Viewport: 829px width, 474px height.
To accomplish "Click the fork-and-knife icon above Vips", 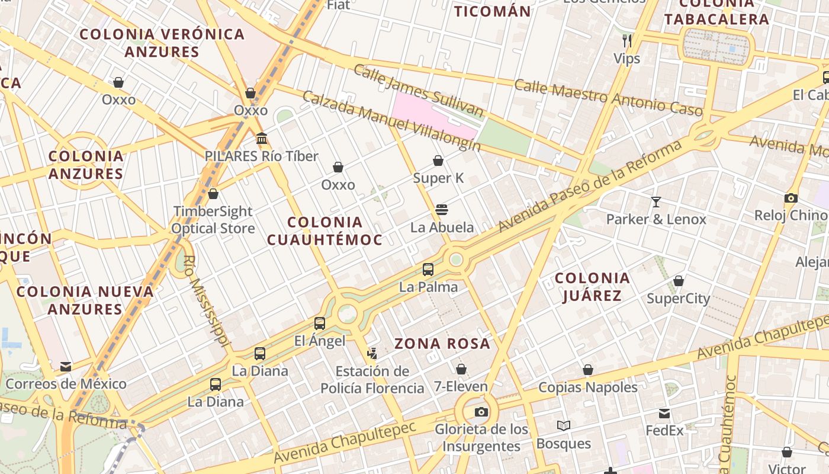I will click(x=627, y=40).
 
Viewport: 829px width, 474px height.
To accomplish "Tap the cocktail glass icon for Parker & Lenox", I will click(x=656, y=202).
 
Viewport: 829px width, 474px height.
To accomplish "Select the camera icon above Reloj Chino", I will click(x=791, y=198).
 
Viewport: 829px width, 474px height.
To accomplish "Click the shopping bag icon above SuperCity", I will click(x=679, y=281).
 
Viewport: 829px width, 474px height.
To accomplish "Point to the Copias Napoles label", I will click(x=587, y=387).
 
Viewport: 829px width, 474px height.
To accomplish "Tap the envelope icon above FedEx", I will click(x=664, y=413).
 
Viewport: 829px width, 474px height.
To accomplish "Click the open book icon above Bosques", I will click(x=563, y=426).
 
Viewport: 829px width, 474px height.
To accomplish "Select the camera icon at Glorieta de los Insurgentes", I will click(x=481, y=412).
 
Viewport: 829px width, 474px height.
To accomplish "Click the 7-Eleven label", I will click(x=461, y=387).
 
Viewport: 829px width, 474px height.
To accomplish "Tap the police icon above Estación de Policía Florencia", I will click(x=372, y=354).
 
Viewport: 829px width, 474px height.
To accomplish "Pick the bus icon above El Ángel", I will click(x=320, y=324).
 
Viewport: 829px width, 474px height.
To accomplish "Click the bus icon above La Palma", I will click(x=428, y=270).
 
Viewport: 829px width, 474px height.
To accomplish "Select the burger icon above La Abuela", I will click(x=442, y=210).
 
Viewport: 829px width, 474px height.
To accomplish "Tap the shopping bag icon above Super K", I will click(x=438, y=161).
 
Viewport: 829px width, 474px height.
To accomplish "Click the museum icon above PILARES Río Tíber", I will click(x=262, y=139).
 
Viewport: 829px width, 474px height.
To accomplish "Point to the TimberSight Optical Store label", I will click(x=213, y=220).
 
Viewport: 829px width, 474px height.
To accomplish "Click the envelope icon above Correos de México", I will click(x=66, y=367).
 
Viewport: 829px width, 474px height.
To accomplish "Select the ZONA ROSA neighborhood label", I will click(x=442, y=344).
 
